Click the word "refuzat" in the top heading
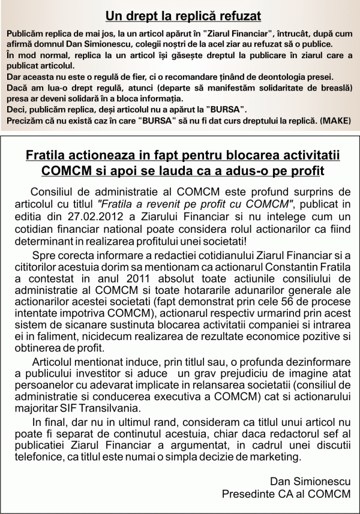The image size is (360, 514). pos(228,16)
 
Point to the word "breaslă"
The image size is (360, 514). pos(334,88)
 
